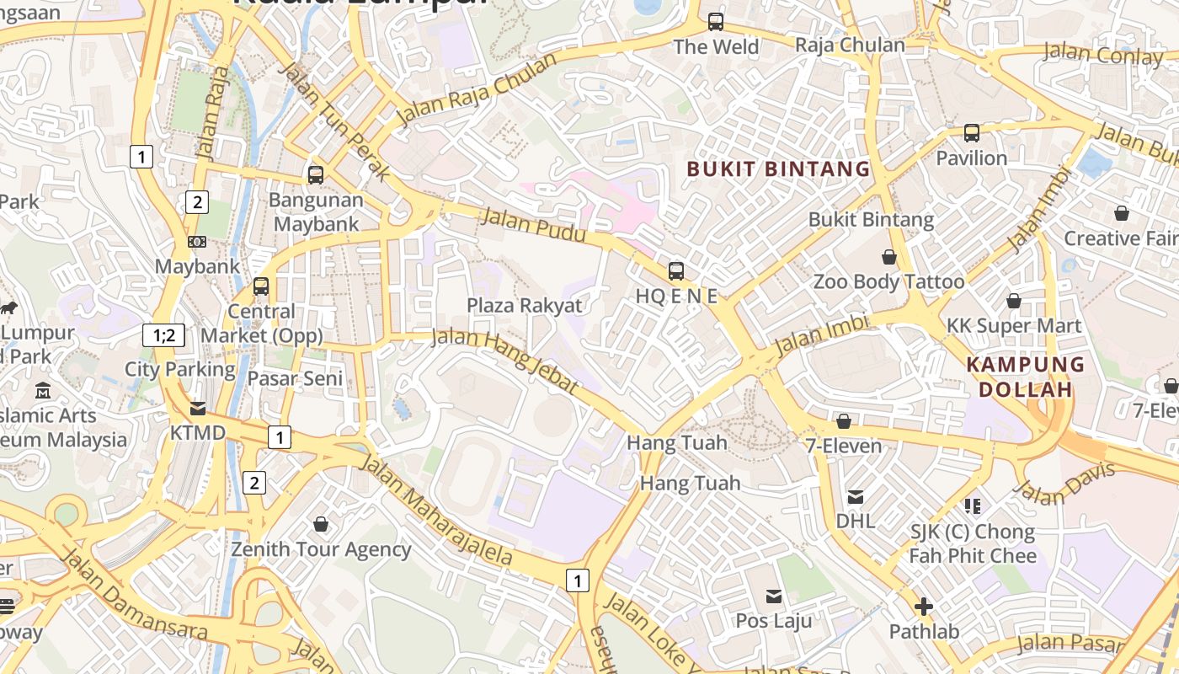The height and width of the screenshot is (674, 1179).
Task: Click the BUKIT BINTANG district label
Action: click(778, 168)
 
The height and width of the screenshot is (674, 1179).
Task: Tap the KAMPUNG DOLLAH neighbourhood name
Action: click(1025, 377)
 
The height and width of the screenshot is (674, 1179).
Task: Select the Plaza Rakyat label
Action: click(525, 305)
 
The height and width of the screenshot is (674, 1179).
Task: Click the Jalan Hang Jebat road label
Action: click(505, 361)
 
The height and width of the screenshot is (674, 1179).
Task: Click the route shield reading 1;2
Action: click(163, 335)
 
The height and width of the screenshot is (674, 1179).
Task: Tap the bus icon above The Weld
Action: click(716, 22)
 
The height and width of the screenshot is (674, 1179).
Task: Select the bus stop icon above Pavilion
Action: click(972, 133)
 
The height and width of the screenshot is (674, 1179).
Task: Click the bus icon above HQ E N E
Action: click(676, 271)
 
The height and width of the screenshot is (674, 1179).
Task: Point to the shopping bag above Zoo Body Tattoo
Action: click(889, 257)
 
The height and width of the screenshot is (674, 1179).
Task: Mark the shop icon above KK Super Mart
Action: click(1014, 301)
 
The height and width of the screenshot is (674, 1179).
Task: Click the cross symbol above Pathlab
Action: click(924, 607)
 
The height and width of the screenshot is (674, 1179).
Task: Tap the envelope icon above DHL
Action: click(856, 497)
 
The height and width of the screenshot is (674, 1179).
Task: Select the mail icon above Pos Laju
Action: click(774, 596)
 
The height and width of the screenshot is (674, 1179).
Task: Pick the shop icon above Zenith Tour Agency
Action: click(321, 525)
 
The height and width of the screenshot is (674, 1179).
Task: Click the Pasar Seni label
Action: click(296, 378)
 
